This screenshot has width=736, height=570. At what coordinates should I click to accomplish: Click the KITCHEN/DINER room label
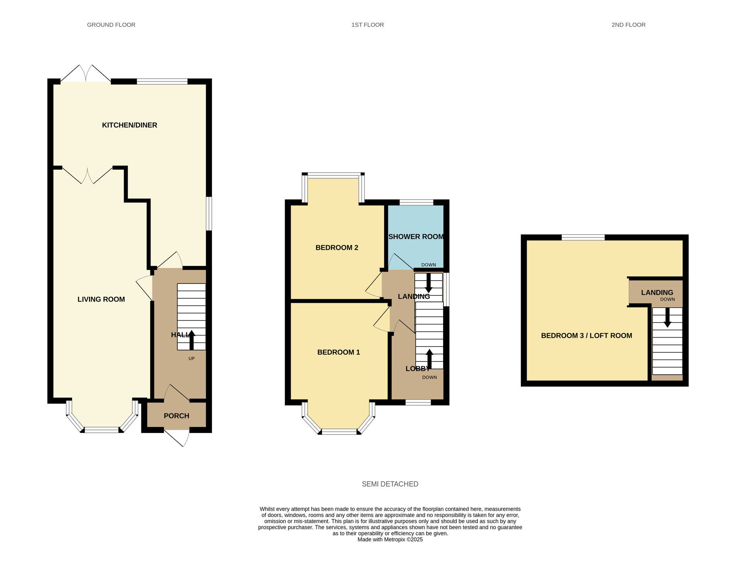point(130,125)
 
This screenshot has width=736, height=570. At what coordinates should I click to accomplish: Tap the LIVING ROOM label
point(101,299)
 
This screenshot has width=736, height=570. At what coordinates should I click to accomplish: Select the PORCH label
point(176,416)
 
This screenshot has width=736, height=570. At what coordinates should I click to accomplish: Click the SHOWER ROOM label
point(416,237)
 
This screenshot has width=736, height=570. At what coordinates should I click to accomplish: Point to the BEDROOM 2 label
point(337,248)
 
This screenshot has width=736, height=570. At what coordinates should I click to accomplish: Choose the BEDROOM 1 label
point(339,352)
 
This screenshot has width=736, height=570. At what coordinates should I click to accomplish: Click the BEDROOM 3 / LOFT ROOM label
point(586,336)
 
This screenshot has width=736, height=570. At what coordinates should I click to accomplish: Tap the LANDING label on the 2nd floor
point(657,293)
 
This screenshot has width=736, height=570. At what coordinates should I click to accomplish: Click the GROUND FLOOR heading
point(111,25)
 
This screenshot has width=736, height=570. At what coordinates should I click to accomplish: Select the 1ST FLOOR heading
point(367,25)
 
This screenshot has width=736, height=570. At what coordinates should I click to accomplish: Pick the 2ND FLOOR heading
point(628,25)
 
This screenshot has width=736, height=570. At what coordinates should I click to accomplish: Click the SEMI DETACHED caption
point(390,484)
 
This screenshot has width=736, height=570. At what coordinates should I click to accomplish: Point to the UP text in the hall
point(191,359)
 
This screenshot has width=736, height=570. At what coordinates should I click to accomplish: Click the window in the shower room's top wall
point(416,202)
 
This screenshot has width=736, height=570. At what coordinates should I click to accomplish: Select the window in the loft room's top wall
point(583,237)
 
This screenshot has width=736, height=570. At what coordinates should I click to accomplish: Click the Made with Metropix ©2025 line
point(390,540)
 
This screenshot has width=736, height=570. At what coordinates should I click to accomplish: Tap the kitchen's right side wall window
point(209,214)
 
